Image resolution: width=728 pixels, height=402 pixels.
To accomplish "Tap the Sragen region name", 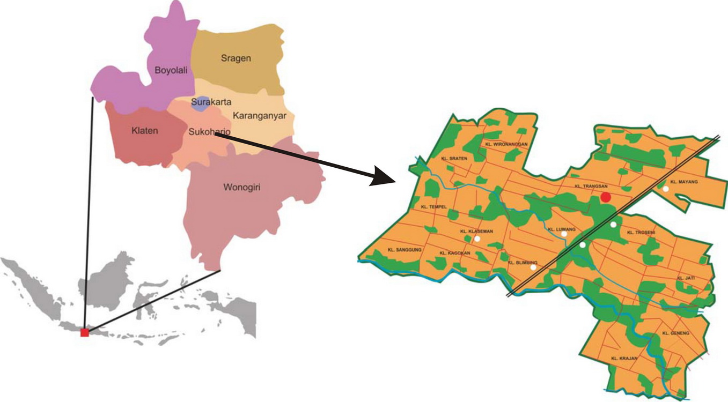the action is coord(236,58).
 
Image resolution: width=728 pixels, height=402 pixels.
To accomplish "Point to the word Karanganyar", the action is coord(259,115).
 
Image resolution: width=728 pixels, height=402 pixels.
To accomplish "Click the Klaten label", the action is coord(145,130).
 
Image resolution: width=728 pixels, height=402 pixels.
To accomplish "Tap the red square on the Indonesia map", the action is coord(84,332).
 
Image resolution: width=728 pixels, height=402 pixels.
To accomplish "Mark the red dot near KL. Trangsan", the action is coord(606,197).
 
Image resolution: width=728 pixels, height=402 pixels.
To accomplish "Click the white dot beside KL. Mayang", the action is coord(666,189).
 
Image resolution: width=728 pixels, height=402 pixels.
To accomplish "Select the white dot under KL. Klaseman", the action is coord(477,239).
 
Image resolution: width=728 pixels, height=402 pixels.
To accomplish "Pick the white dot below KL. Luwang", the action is coord(564,234).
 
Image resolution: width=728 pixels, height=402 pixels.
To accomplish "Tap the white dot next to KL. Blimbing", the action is coord(533,267).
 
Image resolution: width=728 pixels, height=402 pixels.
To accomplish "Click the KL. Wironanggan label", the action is coord(506,144).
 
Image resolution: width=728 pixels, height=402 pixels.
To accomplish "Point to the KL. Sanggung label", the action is coord(405,250).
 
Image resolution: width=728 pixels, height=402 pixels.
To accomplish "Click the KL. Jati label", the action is coord(686,278).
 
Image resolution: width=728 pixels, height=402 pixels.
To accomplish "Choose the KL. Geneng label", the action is coord(675,333).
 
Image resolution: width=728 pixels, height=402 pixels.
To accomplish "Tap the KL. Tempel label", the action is coord(433,207).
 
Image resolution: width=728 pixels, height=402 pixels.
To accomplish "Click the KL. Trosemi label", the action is coord(641,233).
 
